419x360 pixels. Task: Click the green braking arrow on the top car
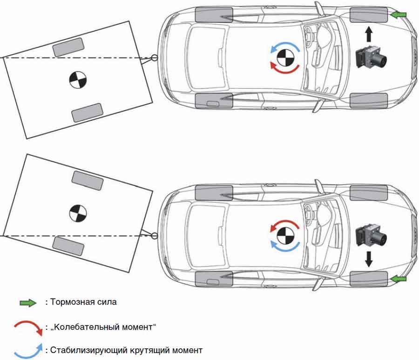[x=398, y=15]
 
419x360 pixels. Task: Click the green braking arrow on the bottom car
[x=398, y=278]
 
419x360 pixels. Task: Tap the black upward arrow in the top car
[x=368, y=35]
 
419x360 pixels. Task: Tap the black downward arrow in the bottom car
[x=368, y=259]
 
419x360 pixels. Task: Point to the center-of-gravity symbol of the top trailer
[x=78, y=80]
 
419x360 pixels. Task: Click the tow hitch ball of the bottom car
[x=155, y=236]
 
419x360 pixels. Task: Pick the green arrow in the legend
[x=28, y=303]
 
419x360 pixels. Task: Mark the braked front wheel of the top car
[x=368, y=15]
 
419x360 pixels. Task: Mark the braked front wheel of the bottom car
[x=368, y=278]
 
